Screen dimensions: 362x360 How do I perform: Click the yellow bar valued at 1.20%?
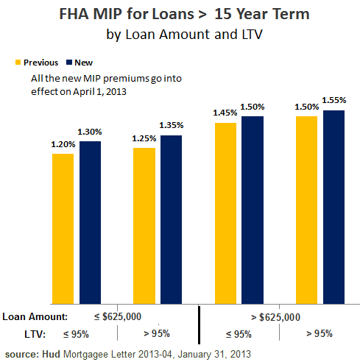point(63,228)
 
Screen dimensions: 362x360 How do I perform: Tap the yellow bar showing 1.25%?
point(144,225)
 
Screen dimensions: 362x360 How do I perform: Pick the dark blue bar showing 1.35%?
point(171,219)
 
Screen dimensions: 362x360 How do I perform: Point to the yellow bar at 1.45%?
point(225,213)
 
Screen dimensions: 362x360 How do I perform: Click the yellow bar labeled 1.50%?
point(306,210)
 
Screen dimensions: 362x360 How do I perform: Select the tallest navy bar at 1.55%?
point(333,207)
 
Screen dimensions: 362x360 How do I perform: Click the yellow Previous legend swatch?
point(18,63)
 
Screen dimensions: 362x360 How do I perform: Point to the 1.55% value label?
point(334,99)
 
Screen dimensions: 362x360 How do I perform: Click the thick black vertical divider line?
point(200,324)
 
